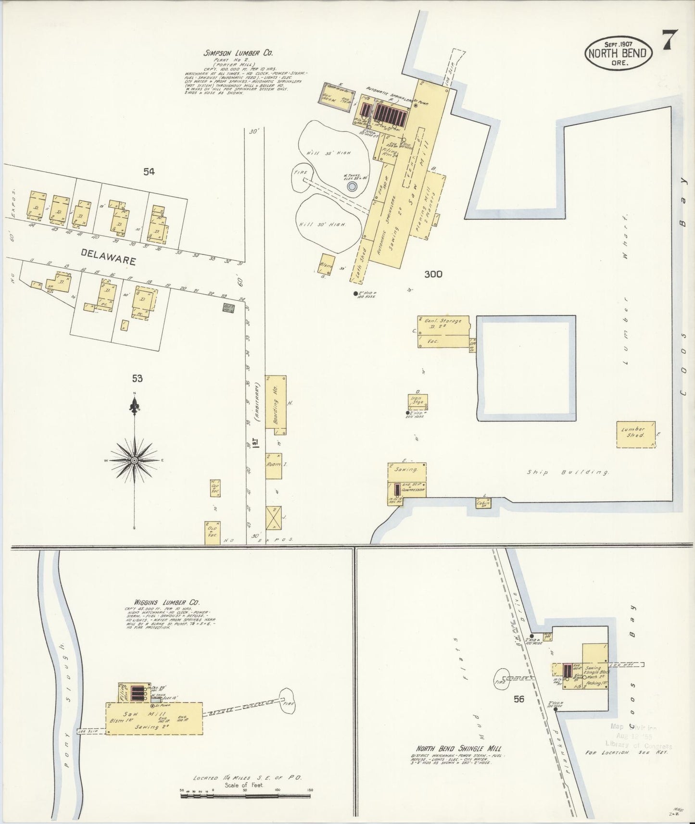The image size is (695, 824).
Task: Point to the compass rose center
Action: [135, 460]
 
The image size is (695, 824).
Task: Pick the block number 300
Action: [433, 275]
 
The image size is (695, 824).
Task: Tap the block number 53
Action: [138, 379]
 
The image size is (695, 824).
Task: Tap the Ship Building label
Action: [568, 473]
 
